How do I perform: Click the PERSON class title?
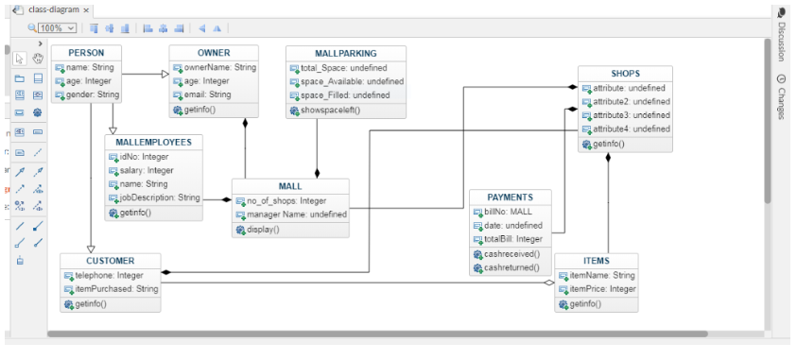(87, 53)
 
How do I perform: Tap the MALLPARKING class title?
(345, 54)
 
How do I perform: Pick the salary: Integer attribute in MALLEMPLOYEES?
(146, 170)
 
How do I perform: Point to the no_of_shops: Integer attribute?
(286, 200)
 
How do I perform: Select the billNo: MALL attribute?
(509, 212)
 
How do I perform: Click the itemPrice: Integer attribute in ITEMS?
(602, 289)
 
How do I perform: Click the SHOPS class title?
(625, 73)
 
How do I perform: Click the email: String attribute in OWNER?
(207, 94)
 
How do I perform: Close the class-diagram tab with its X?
(87, 9)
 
